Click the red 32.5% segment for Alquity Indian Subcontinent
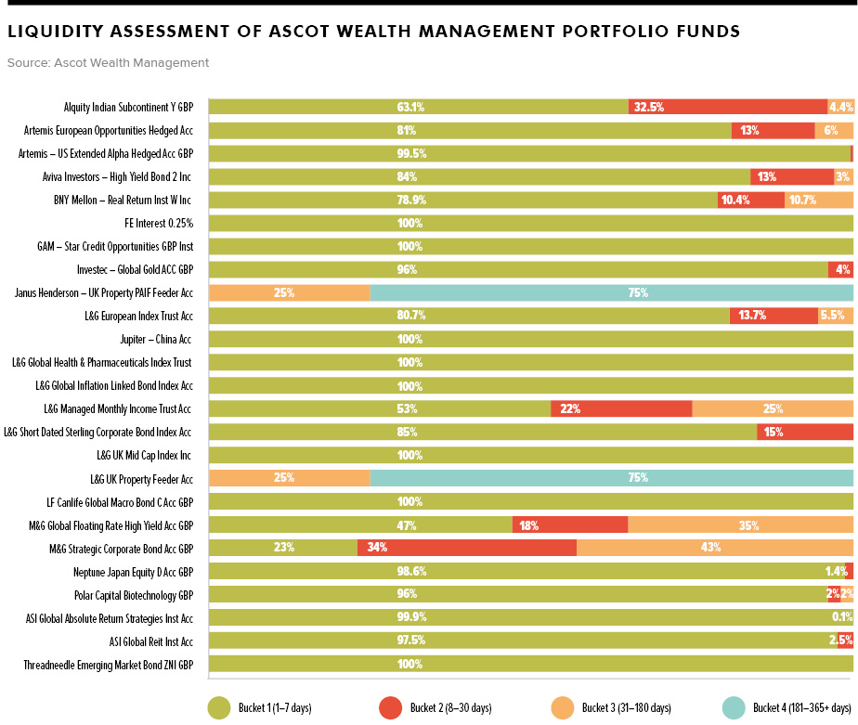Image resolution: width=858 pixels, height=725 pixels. (727, 107)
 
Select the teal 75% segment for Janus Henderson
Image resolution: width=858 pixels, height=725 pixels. (611, 292)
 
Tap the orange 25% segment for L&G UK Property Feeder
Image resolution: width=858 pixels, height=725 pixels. (289, 478)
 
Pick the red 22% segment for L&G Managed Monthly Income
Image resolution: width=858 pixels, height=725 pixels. (620, 408)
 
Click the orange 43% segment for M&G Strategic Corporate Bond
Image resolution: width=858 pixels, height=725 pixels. (714, 548)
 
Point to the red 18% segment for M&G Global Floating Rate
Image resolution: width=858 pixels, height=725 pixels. (569, 524)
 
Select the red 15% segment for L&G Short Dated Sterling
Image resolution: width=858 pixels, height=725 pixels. (804, 432)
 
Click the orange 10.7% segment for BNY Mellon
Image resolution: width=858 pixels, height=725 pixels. (818, 200)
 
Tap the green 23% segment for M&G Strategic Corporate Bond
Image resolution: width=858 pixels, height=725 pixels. (282, 548)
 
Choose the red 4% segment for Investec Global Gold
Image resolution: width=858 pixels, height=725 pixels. (840, 269)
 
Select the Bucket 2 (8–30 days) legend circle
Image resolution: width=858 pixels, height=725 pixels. (390, 707)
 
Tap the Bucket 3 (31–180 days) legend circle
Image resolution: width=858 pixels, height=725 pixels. (562, 707)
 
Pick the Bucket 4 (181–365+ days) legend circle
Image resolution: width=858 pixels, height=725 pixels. (734, 707)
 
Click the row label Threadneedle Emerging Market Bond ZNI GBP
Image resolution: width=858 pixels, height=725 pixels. (108, 665)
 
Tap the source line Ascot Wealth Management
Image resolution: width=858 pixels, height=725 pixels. (108, 63)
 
